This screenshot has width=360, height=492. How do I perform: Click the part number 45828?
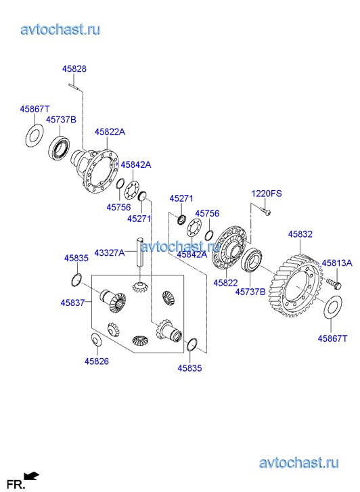(x=74, y=69)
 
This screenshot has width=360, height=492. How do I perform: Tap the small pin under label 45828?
(x=74, y=86)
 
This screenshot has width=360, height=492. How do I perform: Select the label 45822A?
(x=110, y=132)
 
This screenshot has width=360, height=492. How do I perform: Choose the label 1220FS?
(x=267, y=194)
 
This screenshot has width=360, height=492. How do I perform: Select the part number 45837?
(x=72, y=303)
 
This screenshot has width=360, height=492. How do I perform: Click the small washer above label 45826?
(x=95, y=339)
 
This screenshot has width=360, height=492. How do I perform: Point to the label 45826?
(x=97, y=361)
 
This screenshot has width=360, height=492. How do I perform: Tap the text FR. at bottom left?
(x=16, y=484)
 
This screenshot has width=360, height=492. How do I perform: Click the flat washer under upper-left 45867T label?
(x=34, y=135)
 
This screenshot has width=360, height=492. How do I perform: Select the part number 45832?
(x=300, y=234)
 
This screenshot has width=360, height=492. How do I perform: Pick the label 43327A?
(x=110, y=253)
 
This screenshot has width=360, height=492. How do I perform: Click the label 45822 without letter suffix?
(x=225, y=283)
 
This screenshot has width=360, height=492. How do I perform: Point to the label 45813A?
(x=337, y=263)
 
